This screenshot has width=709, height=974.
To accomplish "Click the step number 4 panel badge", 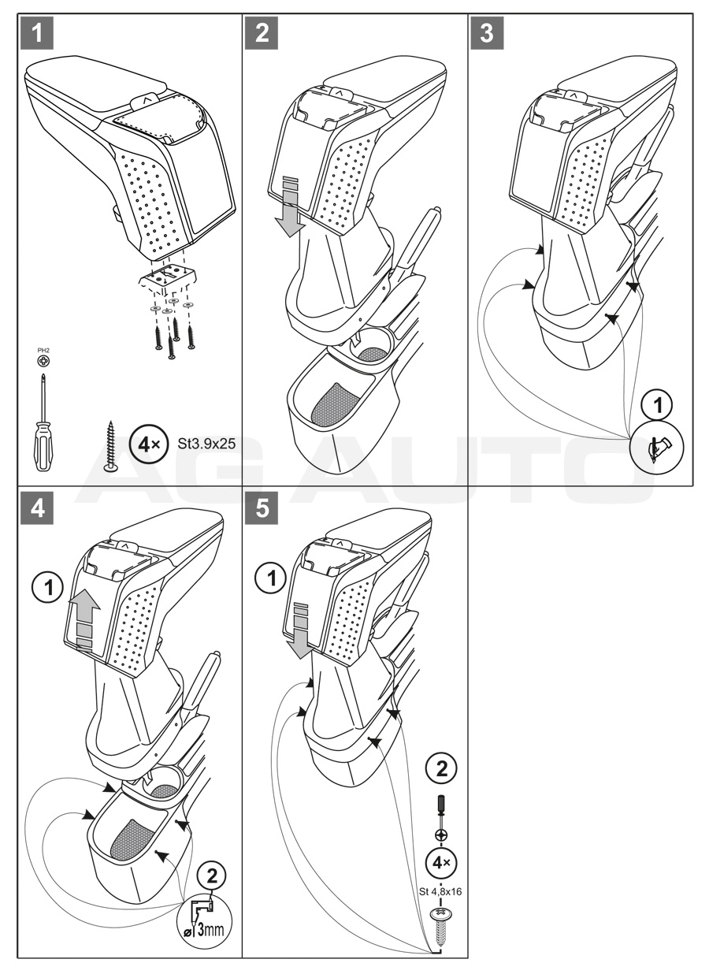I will [x=36, y=509].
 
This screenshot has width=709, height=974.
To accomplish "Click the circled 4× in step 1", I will [x=146, y=443].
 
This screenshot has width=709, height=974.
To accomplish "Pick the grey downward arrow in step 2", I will [x=291, y=206].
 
